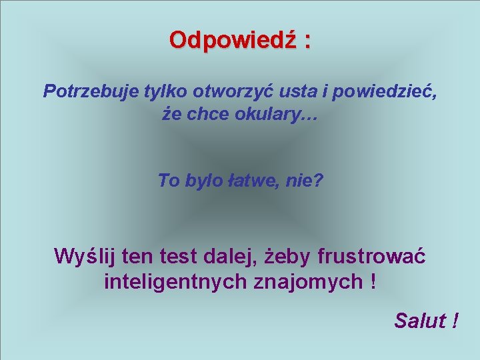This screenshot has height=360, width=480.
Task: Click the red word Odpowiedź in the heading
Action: (232, 40)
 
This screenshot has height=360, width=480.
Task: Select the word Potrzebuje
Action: (91, 91)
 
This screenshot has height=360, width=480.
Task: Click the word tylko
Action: (167, 91)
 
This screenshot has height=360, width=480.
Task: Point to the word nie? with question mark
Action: (304, 180)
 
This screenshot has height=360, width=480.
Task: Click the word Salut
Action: (419, 321)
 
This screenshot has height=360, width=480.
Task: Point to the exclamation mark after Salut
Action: (454, 321)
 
